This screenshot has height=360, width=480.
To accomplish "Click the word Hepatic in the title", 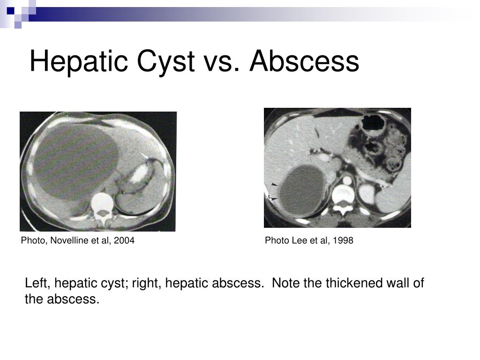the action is tap(78, 61).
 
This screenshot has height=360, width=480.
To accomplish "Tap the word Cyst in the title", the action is tap(165, 61).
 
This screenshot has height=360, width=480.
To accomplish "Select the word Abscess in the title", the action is tap(304, 61).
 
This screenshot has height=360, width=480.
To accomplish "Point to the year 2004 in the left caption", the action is tap(124, 240).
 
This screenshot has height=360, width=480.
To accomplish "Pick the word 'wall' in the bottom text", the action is tap(398, 283).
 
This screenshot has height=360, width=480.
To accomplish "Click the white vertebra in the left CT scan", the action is tap(103, 208).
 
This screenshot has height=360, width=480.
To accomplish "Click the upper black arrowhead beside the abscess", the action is tap(274, 185).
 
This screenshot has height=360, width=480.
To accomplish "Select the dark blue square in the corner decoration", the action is tap(11, 11).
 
